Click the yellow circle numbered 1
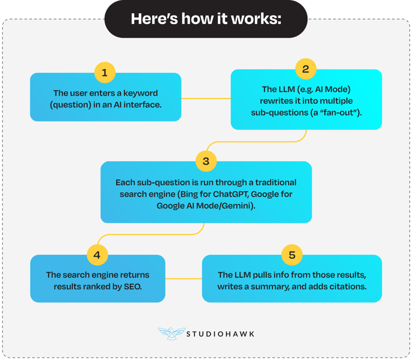(x=105, y=73)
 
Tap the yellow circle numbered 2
(x=306, y=69)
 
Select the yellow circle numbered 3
(x=206, y=161)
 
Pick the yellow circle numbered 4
(x=97, y=255)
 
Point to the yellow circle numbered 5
(x=292, y=255)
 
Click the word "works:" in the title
(x=256, y=19)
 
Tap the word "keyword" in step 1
(x=141, y=93)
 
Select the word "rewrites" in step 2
(x=275, y=101)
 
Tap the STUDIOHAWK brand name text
(x=220, y=334)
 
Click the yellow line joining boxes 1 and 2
(x=206, y=99)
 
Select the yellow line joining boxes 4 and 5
(x=183, y=278)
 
